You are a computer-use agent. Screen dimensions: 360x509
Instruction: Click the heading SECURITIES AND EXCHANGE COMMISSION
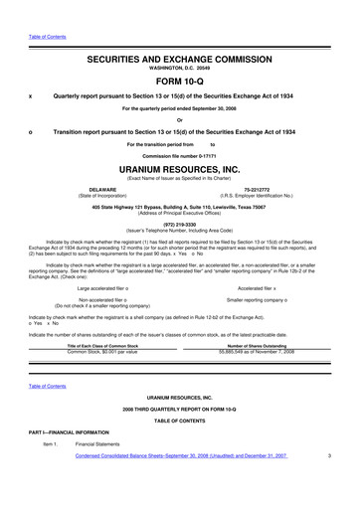(180, 32)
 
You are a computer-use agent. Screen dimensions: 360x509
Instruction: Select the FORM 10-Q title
(180, 56)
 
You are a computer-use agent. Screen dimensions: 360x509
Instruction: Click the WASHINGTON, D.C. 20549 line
(180, 43)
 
